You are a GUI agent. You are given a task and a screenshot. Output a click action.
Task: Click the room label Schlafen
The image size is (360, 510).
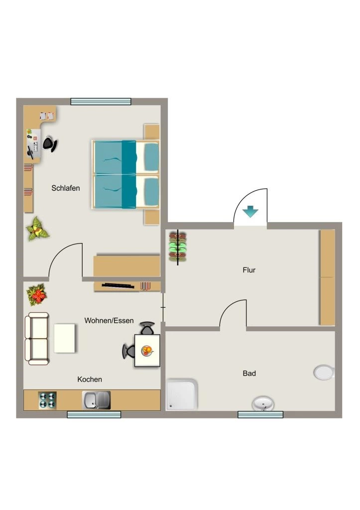click(x=65, y=188)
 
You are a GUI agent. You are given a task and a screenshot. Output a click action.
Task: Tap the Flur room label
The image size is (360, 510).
click(x=249, y=270)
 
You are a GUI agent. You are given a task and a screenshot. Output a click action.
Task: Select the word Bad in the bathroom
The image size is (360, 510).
click(x=249, y=374)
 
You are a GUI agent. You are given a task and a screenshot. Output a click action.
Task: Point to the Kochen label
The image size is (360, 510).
click(x=90, y=379)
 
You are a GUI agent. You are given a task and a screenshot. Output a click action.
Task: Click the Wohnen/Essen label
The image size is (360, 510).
click(x=109, y=321)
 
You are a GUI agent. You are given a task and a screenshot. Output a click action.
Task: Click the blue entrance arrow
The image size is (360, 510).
click(x=250, y=211)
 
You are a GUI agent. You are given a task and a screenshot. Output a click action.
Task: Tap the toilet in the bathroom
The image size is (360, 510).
click(x=324, y=373)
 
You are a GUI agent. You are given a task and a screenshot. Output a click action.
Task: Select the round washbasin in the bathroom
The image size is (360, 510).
click(x=263, y=403)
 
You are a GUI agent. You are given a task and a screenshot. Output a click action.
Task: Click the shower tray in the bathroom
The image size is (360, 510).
click(x=182, y=394)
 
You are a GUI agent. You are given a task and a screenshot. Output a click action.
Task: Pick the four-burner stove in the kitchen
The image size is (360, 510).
click(x=47, y=400)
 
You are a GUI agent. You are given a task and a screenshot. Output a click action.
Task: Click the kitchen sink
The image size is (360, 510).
click(x=96, y=400)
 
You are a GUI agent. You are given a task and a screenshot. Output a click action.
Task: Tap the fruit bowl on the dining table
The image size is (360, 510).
click(x=147, y=351)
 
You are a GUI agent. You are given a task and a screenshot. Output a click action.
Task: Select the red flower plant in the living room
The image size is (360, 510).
click(x=37, y=295)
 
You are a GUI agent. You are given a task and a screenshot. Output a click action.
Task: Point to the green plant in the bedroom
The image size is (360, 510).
click(x=37, y=229)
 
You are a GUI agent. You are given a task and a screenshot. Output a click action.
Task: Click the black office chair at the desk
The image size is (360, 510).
click(x=50, y=144)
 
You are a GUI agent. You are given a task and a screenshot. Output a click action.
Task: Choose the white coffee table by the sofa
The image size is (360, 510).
click(x=64, y=338)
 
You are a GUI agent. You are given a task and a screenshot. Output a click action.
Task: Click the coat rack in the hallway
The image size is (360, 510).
click(x=178, y=247)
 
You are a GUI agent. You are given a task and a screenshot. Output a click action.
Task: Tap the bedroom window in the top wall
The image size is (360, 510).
click(x=101, y=102)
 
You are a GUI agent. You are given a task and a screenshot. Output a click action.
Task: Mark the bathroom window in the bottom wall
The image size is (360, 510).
click(x=260, y=414)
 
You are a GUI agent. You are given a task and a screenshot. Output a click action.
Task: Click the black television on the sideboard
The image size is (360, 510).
click(x=118, y=285)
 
